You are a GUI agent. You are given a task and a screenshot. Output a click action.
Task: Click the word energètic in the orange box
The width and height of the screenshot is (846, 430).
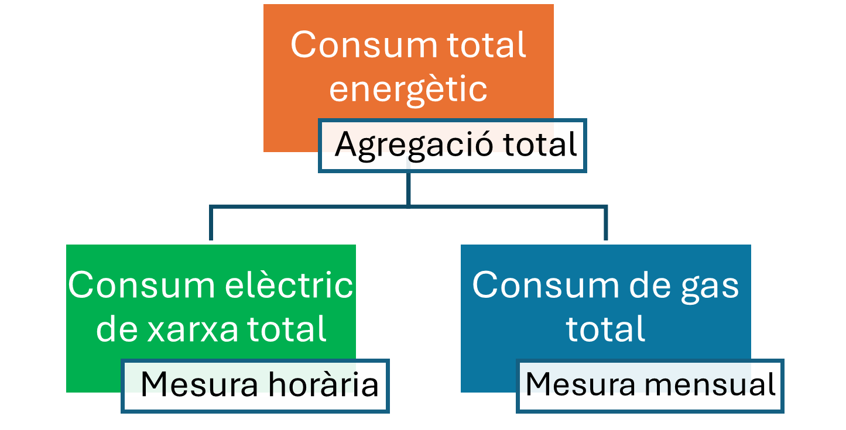point(408,90)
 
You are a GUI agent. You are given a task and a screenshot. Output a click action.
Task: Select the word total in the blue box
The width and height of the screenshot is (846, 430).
point(605,329)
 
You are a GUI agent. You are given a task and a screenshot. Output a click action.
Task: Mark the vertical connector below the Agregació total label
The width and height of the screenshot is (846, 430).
point(408,188)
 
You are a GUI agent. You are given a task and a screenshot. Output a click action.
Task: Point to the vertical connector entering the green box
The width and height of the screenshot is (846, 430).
point(211,224)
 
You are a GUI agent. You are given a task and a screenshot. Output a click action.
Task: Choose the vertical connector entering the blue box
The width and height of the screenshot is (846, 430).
point(605,224)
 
